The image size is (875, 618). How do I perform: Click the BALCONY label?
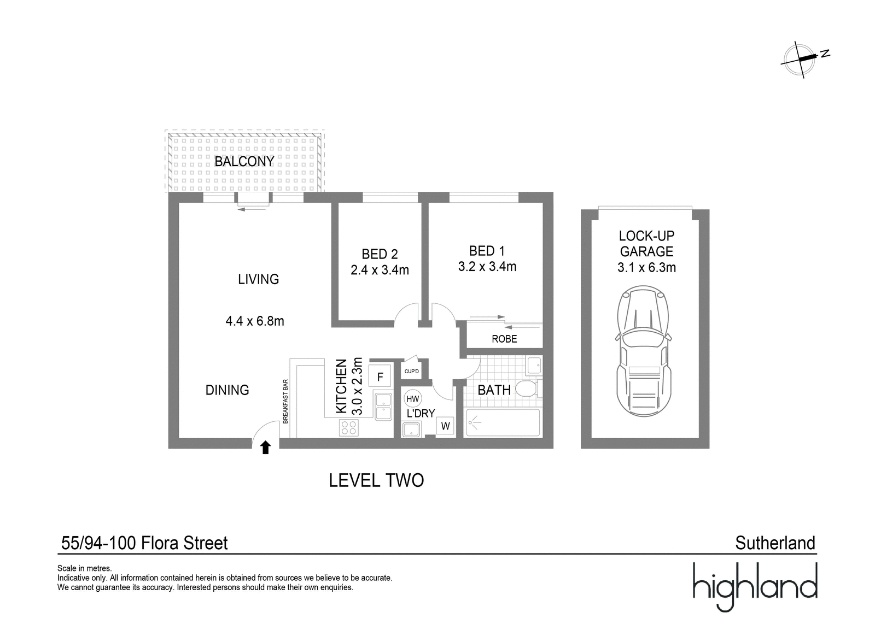tap(244, 161)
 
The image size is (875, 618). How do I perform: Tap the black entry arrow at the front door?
tap(266, 448)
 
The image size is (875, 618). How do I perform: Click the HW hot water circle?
tap(412, 398)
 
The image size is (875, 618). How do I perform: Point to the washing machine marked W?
tap(445, 426)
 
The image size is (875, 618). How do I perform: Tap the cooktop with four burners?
tap(349, 427)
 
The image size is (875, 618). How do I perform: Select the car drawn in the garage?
tap(643, 351)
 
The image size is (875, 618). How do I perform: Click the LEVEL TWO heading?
tap(376, 480)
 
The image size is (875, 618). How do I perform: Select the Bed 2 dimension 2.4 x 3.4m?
tap(380, 270)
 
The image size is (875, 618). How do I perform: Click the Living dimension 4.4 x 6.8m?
tap(255, 321)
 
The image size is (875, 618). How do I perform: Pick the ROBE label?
tap(504, 339)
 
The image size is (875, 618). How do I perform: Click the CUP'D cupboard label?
tap(411, 371)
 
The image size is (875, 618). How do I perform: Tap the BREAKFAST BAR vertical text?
tap(285, 401)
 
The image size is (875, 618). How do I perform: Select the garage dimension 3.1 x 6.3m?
tap(646, 267)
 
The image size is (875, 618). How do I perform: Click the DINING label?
tap(227, 390)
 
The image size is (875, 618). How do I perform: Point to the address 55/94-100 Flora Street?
tap(144, 543)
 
